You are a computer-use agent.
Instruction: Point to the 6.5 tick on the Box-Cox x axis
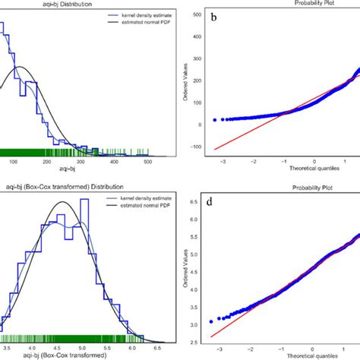click(x=157, y=345)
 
